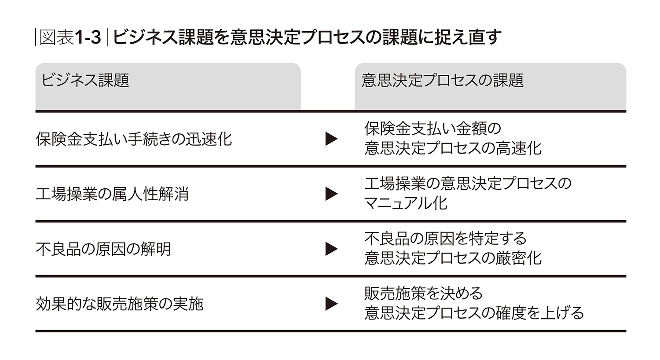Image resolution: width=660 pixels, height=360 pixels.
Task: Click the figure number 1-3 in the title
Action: (x=88, y=37)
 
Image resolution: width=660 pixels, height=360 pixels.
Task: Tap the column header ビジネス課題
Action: (x=85, y=80)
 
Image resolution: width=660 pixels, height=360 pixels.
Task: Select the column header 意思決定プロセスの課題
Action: (x=442, y=80)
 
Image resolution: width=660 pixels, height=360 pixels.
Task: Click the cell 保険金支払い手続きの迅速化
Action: (x=134, y=139)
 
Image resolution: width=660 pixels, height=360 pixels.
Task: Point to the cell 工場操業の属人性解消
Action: (x=112, y=194)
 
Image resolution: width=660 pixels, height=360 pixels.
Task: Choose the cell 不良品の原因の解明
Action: (x=103, y=249)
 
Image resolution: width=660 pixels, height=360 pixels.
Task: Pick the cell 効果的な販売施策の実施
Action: (x=120, y=304)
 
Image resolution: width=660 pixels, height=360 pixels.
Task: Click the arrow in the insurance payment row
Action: (x=331, y=139)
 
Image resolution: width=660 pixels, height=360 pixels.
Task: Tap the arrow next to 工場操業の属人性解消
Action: (x=331, y=194)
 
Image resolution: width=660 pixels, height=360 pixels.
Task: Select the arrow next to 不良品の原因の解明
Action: (x=331, y=249)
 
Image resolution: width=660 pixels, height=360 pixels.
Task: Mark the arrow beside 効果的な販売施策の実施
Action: (x=331, y=304)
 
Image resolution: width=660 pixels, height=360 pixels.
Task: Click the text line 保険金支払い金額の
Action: (x=433, y=129)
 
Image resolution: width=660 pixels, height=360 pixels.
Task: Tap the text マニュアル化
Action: (x=406, y=203)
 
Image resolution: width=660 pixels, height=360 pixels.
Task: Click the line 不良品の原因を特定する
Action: (x=445, y=239)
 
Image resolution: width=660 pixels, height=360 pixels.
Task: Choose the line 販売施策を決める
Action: (x=423, y=294)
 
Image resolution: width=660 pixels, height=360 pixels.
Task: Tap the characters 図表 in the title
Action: (x=57, y=37)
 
